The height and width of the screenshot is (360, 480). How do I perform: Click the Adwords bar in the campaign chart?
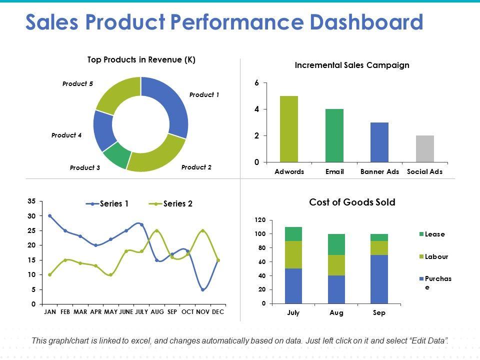289,129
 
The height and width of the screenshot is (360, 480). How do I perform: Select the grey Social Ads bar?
424,149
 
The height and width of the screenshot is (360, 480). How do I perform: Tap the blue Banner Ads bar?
379,142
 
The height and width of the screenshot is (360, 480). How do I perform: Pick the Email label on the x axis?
334,171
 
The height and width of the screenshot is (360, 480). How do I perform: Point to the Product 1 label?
204,94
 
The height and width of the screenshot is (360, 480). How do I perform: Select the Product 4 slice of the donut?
103,130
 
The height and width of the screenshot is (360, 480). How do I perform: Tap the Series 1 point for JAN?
50,216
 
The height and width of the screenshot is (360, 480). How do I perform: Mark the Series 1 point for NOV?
202,289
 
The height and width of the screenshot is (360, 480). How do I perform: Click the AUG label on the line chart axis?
157,311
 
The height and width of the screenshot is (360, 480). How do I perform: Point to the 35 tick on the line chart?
31,201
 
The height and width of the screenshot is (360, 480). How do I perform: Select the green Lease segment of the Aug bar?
337,244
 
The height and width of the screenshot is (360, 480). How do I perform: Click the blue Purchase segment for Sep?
379,279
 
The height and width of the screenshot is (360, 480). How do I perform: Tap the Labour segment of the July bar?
293,255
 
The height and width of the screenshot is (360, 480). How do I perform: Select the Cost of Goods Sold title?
352,202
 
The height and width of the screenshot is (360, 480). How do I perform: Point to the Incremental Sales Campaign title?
352,65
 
